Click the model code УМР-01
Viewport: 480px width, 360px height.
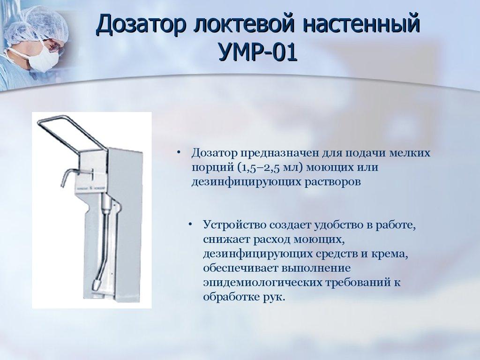coord(258,52)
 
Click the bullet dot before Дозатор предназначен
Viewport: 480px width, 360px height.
coord(179,153)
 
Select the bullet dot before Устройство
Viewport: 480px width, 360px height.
coord(191,225)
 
